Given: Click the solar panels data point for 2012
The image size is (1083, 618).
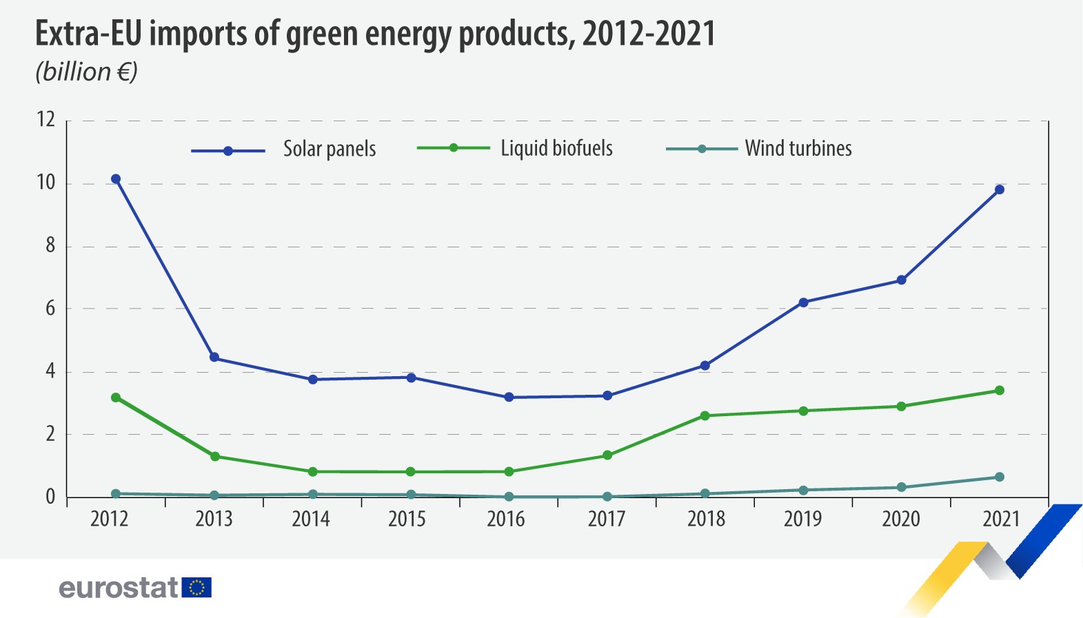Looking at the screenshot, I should [116, 179].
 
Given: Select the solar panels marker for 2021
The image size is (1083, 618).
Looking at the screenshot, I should [999, 189].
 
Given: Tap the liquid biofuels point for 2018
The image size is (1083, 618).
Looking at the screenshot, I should [705, 415].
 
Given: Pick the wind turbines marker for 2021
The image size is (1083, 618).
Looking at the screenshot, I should [999, 477].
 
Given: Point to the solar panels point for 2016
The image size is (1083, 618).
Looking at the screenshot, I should [509, 397].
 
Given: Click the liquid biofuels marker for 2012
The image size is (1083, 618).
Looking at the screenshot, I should [116, 398].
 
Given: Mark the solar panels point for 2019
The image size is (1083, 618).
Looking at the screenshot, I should [803, 302].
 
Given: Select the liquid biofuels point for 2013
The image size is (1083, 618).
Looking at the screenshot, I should [214, 456].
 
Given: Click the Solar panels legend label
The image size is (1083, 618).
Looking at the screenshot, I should [330, 149].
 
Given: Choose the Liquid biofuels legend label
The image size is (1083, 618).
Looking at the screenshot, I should [556, 148].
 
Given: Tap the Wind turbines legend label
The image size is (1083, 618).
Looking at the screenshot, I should [798, 148].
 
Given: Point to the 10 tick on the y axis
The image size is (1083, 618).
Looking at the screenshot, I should [46, 183].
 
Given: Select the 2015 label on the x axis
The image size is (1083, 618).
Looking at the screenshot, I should [407, 519].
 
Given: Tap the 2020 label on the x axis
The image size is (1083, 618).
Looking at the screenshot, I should [901, 519].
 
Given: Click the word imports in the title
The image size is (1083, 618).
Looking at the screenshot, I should [199, 34].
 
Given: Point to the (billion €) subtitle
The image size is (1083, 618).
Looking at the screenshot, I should [86, 72].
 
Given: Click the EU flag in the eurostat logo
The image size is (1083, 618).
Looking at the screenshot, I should [196, 587].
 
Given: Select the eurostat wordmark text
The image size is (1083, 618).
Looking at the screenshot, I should [119, 588].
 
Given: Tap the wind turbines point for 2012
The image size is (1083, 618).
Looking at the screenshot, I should [116, 493].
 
